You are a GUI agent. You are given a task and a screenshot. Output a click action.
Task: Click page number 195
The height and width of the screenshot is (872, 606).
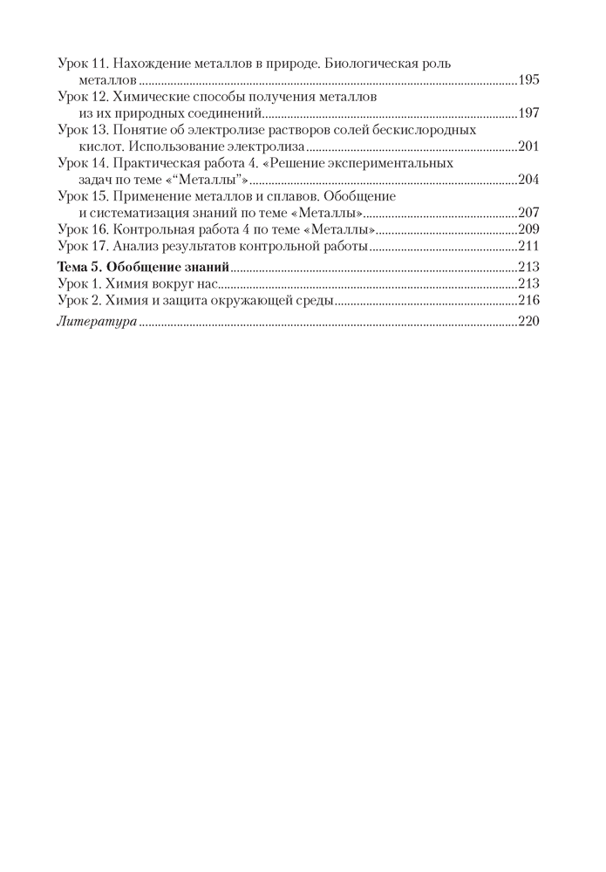coord(528,80)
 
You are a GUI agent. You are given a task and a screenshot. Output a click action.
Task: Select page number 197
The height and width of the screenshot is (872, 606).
coord(528,113)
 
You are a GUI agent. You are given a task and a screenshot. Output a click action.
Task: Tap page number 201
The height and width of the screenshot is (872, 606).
coord(528,146)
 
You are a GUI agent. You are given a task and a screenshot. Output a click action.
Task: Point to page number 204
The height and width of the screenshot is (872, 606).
coord(528,180)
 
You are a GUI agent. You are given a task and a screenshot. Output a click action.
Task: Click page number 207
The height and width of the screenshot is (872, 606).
coord(528,213)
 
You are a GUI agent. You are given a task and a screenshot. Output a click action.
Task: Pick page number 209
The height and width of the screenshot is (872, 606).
coord(528,229)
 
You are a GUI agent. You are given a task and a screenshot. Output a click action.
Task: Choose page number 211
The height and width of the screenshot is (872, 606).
coord(528,246)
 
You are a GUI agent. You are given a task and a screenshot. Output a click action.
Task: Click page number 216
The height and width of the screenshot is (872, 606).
coord(528,301)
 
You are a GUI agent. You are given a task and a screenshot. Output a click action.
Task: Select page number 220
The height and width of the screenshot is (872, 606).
coord(528,322)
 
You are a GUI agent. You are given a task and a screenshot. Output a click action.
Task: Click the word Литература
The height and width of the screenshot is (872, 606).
coord(96,322)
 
